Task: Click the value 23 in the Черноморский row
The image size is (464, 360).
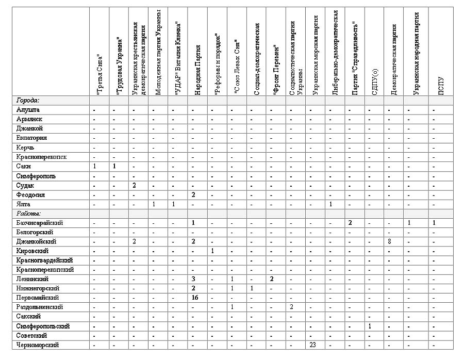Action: (313, 345)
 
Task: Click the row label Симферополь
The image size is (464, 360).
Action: (36, 176)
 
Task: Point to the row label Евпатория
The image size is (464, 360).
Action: (32, 138)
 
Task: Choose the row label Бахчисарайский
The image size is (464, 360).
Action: (40, 222)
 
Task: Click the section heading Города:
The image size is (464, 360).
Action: (28, 100)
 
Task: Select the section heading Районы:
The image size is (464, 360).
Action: (29, 213)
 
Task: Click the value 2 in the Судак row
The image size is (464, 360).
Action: (134, 185)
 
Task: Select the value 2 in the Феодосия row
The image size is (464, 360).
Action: (192, 195)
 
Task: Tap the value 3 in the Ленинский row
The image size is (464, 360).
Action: (192, 279)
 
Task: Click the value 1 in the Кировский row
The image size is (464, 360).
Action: (212, 251)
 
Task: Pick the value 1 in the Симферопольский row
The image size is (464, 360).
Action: (369, 326)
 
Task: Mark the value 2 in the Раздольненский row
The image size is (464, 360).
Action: (291, 307)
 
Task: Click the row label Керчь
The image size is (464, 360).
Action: (25, 148)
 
